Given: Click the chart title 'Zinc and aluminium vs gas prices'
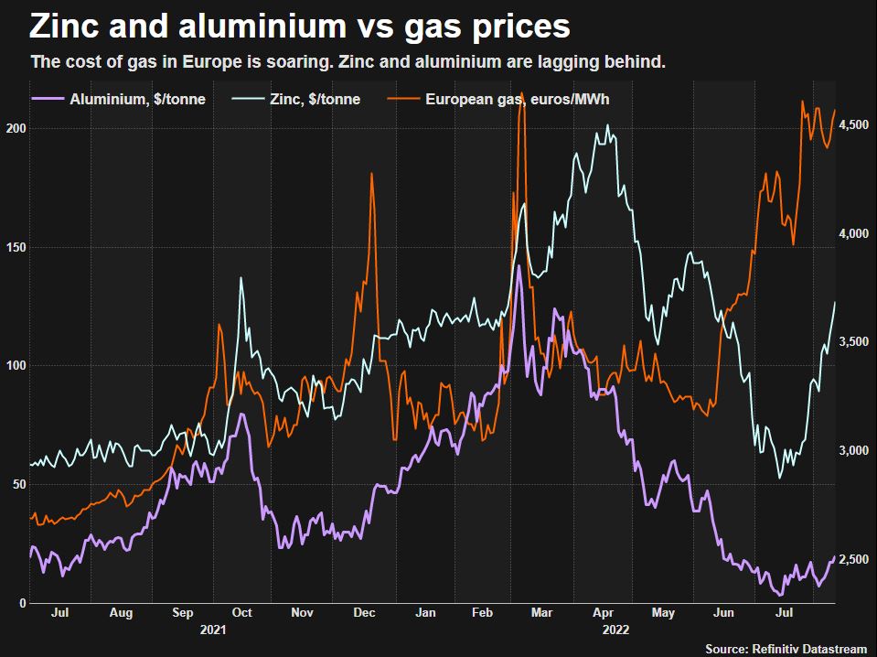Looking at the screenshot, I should [x=300, y=27].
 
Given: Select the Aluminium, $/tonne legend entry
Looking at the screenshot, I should [x=137, y=99].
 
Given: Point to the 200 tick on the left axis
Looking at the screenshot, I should [x=14, y=129].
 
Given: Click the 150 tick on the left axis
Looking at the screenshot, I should [x=14, y=248].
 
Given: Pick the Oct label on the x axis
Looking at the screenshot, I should [x=242, y=613].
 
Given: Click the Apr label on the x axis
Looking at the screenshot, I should [x=603, y=613].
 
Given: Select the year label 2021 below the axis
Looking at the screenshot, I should [x=211, y=630].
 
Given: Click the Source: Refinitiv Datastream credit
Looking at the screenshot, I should [x=786, y=648].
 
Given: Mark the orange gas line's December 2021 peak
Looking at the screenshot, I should [x=371, y=173].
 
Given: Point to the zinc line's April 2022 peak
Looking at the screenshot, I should [x=608, y=125].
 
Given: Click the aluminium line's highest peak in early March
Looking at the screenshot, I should [x=519, y=266].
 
